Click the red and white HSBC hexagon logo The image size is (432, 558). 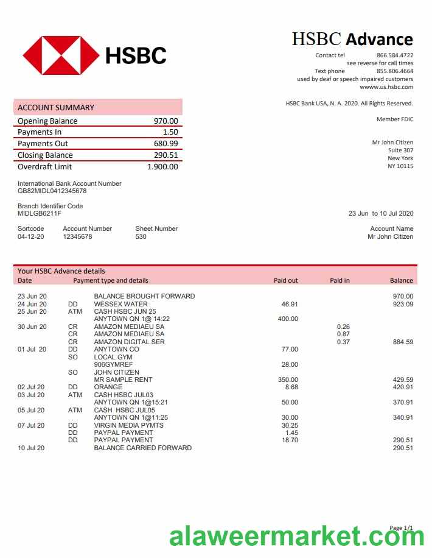[x=61, y=55]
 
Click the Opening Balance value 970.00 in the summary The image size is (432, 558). [x=165, y=121]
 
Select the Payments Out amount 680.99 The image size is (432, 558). [x=165, y=144]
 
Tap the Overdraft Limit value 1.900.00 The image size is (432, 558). [x=162, y=167]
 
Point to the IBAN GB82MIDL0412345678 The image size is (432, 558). [x=52, y=191]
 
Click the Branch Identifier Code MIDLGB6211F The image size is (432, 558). [x=40, y=213]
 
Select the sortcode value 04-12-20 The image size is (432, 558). [x=30, y=236]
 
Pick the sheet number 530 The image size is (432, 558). [x=141, y=236]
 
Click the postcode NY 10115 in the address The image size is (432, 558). [x=400, y=166]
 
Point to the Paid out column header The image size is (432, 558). [x=285, y=281]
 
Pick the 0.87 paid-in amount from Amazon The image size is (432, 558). [x=343, y=334]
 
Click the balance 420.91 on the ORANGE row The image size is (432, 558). [x=403, y=387]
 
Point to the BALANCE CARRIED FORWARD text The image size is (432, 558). [x=142, y=448]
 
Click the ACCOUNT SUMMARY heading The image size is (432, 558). [x=56, y=108]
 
